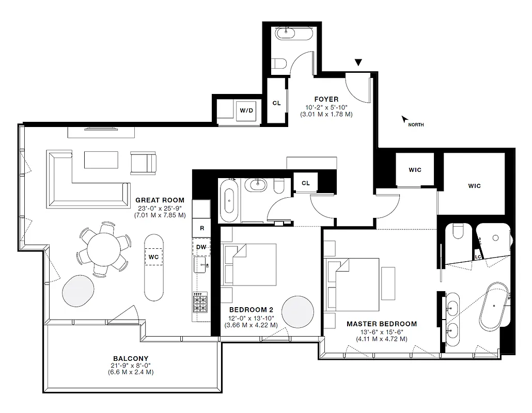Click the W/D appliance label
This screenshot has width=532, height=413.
pyautogui.click(x=246, y=110)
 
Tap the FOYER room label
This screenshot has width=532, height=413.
pyautogui.click(x=326, y=99)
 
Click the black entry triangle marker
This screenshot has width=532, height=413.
pyautogui.click(x=358, y=63)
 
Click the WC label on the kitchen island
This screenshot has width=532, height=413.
pyautogui.click(x=153, y=257)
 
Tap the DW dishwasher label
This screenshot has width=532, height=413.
pyautogui.click(x=201, y=247)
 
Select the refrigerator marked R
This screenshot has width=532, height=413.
pyautogui.click(x=201, y=227)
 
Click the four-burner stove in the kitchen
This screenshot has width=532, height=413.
pyautogui.click(x=200, y=304)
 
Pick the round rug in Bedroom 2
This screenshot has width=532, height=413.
pyautogui.click(x=298, y=311)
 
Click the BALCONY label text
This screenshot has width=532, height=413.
pyautogui.click(x=131, y=358)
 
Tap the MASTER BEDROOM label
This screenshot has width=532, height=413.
pyautogui.click(x=381, y=324)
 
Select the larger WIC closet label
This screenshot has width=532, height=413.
pyautogui.click(x=474, y=186)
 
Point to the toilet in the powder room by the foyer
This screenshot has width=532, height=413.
pyautogui.click(x=279, y=63)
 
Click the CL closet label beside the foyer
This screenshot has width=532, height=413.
pyautogui.click(x=276, y=103)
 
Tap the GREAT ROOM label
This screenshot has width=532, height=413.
pyautogui.click(x=160, y=200)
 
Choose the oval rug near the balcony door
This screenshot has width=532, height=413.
pyautogui.click(x=79, y=290)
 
